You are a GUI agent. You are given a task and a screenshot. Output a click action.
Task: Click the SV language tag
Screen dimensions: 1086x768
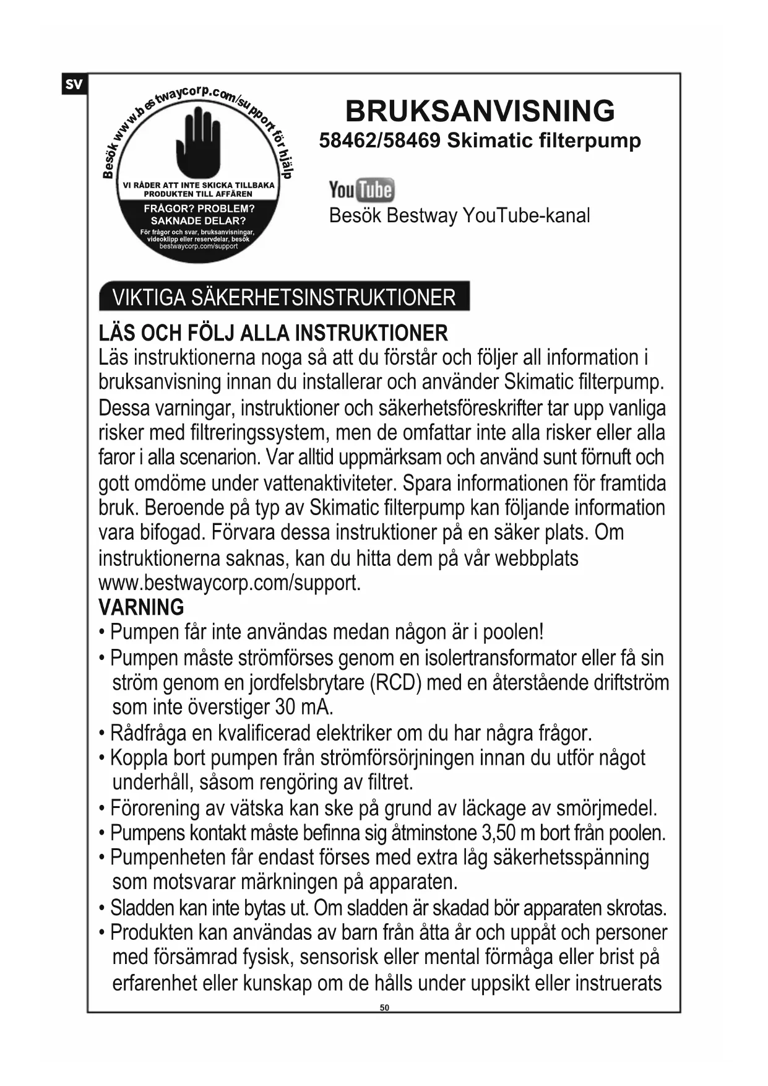click(74, 84)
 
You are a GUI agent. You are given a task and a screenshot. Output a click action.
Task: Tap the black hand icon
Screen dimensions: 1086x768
click(198, 141)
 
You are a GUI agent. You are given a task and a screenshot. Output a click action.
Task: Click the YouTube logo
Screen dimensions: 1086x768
click(361, 190)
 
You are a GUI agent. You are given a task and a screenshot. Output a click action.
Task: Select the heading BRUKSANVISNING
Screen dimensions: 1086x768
click(480, 111)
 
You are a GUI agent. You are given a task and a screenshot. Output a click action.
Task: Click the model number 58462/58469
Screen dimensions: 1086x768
click(379, 141)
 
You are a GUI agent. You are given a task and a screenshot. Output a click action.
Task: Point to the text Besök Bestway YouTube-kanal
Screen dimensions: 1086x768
click(459, 215)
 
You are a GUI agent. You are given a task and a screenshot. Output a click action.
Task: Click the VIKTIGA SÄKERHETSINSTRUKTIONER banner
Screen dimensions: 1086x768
click(284, 297)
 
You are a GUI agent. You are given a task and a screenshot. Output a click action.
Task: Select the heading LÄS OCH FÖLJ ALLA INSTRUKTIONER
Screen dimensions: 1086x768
click(273, 333)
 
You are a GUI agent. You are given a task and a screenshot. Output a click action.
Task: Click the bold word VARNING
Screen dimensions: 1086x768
click(141, 607)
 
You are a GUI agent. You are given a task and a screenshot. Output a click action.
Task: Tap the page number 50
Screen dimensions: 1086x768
click(384, 1008)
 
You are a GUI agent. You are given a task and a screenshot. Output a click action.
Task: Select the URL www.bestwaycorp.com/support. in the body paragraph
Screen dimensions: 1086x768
click(230, 583)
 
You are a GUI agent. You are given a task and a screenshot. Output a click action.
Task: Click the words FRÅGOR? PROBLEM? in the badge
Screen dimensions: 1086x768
click(199, 209)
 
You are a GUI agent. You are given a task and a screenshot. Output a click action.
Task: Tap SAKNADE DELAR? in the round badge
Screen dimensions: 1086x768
click(199, 220)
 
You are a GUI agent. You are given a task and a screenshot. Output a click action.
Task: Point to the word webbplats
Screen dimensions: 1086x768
click(537, 558)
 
